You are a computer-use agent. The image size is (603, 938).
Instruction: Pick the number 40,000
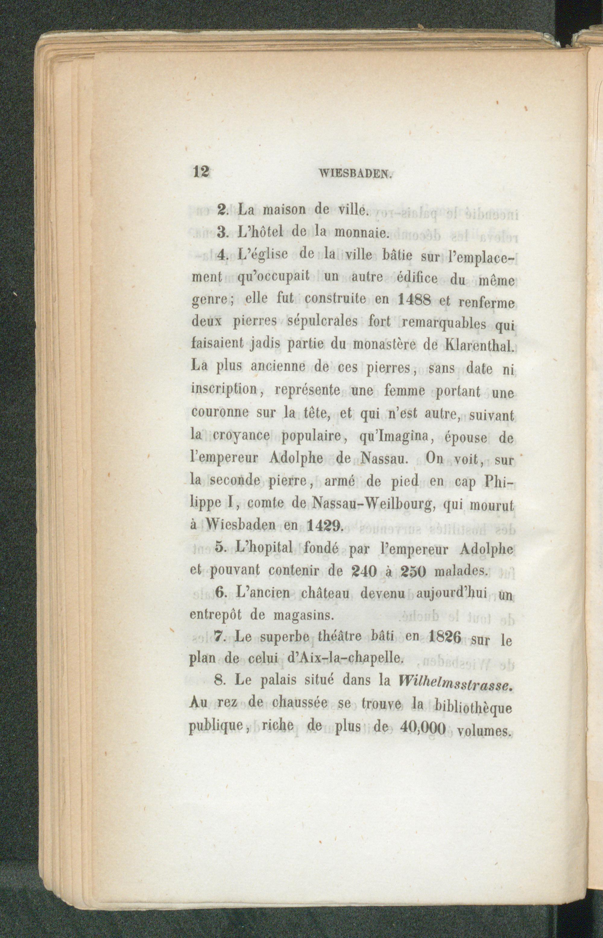point(424,728)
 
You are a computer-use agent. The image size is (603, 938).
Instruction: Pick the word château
point(325,594)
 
